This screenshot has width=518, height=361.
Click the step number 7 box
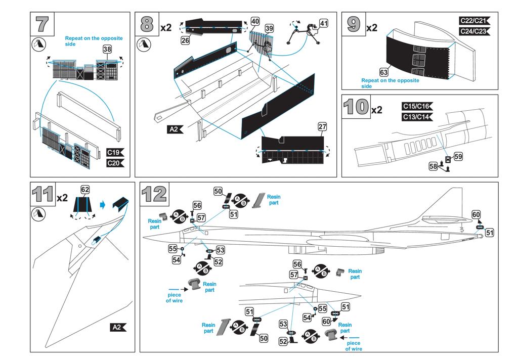[42, 24]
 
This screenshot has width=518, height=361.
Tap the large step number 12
[153, 194]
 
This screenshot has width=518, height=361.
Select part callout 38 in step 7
[107, 49]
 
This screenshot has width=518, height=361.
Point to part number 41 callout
[324, 23]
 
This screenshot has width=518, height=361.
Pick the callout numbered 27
[322, 126]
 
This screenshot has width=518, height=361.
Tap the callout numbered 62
[85, 190]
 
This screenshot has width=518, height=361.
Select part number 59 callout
[458, 156]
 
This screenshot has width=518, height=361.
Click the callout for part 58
[433, 166]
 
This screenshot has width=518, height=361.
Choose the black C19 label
[115, 152]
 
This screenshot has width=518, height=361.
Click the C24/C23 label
[475, 31]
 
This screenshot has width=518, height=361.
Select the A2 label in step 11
[118, 327]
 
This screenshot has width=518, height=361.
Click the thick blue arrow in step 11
[103, 205]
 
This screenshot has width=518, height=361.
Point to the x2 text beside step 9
[372, 28]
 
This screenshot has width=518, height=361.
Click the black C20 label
[115, 163]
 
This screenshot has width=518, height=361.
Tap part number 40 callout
[255, 21]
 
